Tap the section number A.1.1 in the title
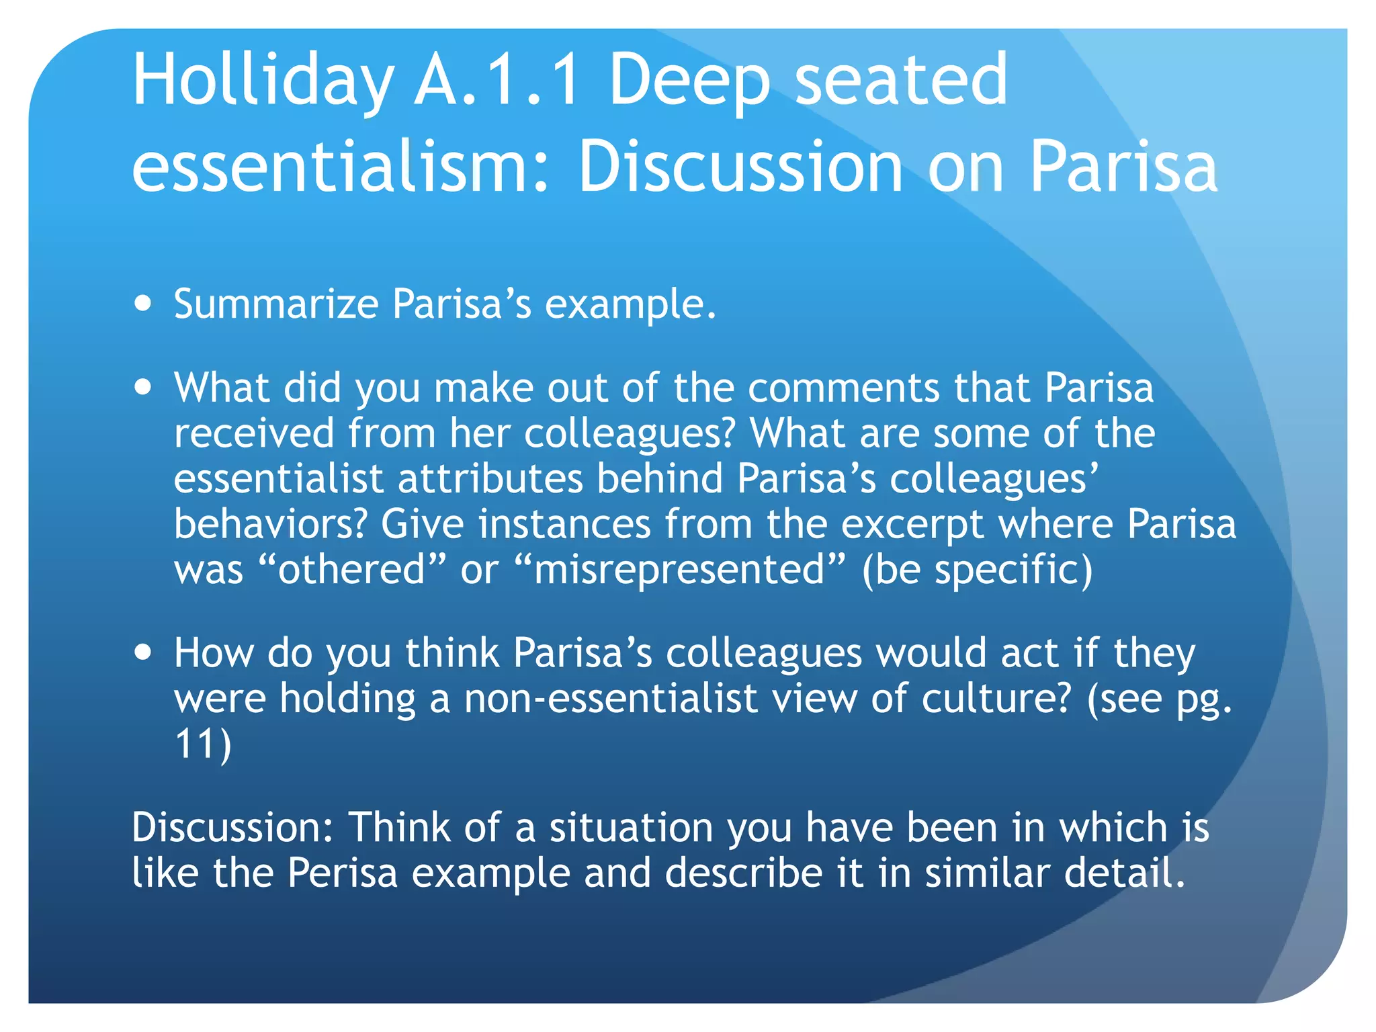(x=496, y=81)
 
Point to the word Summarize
(x=276, y=304)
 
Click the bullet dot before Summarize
(x=142, y=303)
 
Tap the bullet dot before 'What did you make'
(x=142, y=388)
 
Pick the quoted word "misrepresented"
(x=679, y=569)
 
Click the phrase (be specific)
(x=977, y=570)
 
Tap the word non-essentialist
(x=611, y=698)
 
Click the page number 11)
(x=202, y=744)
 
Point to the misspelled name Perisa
(x=342, y=873)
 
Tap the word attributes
(x=490, y=479)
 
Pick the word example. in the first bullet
(x=630, y=304)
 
